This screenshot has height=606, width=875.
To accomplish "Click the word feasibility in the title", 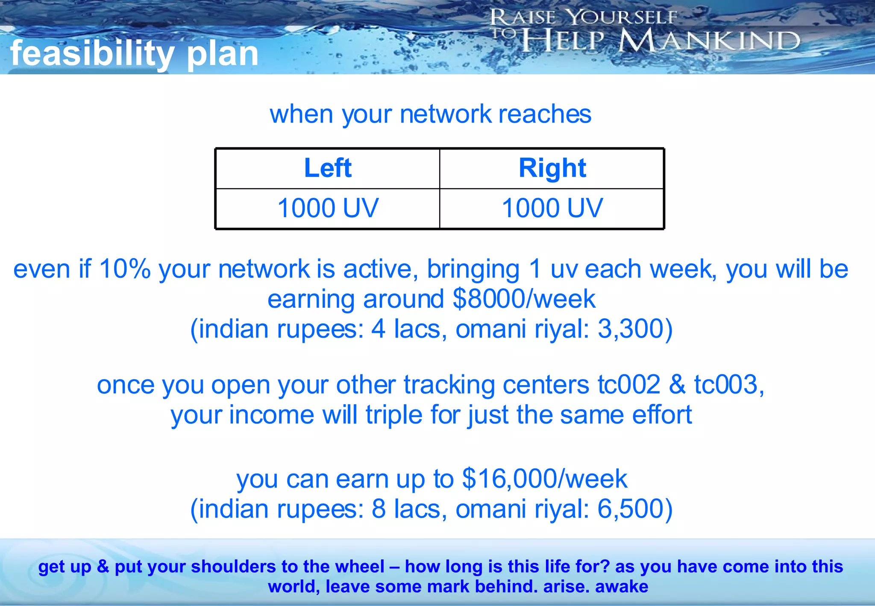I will click(x=92, y=54).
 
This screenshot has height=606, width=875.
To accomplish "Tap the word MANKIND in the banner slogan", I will click(x=709, y=41).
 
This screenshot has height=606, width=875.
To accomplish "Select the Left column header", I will click(x=328, y=168).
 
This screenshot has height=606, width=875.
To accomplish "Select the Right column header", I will click(x=552, y=168).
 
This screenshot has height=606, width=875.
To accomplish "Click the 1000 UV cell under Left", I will click(x=328, y=208).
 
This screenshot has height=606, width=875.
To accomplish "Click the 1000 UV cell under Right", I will click(x=552, y=208).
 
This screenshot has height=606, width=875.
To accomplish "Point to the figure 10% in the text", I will click(x=125, y=269).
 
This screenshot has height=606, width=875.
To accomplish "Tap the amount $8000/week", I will click(x=524, y=299).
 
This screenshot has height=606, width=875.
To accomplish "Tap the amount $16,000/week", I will click(x=545, y=479).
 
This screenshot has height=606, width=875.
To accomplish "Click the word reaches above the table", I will click(x=545, y=114).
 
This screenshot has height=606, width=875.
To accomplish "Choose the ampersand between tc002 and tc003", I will click(x=677, y=385).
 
